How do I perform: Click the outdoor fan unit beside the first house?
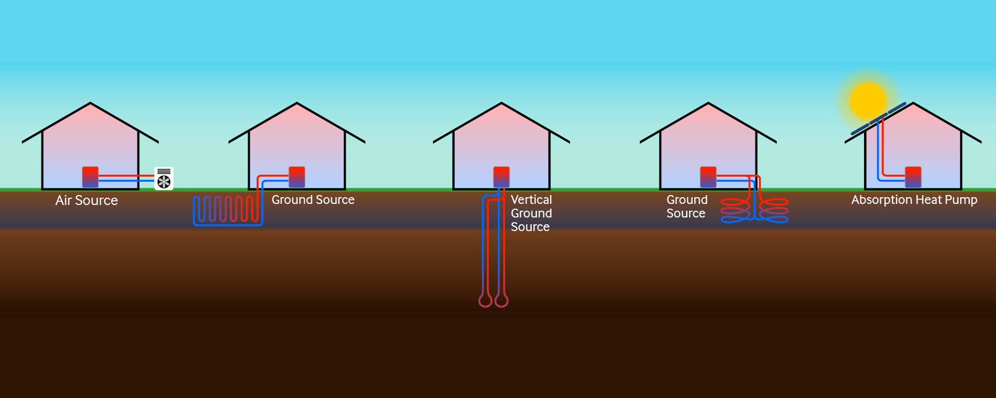tap(164, 179)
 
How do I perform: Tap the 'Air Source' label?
tap(87, 200)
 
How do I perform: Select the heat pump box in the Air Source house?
tap(90, 177)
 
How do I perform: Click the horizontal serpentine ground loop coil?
tap(226, 210)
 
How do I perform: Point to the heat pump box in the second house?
tap(297, 177)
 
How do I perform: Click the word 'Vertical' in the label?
tap(531, 200)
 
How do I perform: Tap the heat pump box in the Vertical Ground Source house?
tap(501, 177)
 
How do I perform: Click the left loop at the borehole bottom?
tap(486, 300)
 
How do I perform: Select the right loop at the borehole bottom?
tap(501, 300)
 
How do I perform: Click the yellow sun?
tap(868, 100)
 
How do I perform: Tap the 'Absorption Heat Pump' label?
tap(914, 200)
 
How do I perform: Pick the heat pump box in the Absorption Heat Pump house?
tap(913, 177)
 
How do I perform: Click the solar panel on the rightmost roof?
tap(878, 118)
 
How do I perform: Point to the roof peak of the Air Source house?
tap(90, 103)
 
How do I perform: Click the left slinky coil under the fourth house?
tap(735, 211)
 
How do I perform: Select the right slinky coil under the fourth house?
tap(773, 211)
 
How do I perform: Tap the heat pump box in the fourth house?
tap(708, 177)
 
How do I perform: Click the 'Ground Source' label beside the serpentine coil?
tap(313, 200)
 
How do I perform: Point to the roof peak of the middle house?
tap(501, 103)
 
